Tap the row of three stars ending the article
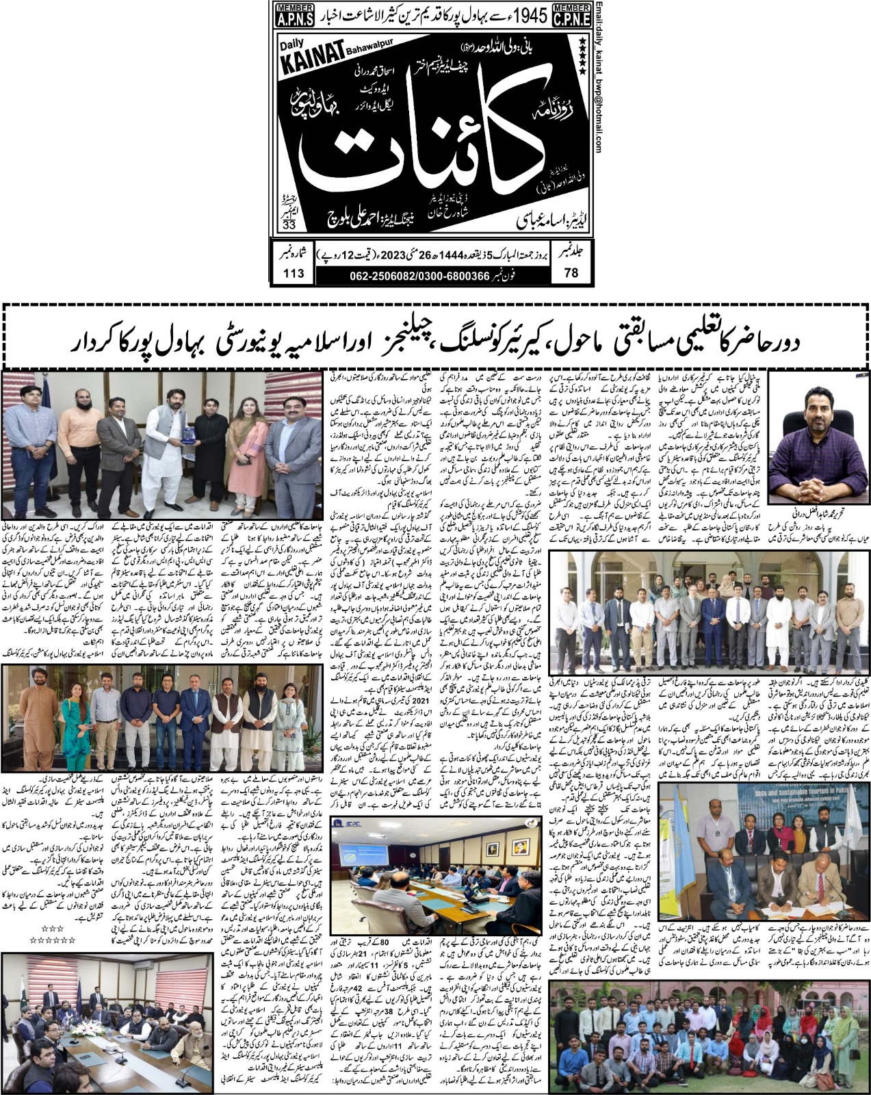tap(52, 928)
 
